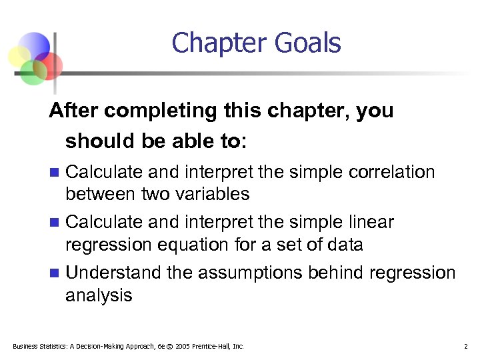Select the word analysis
point(99,295)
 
